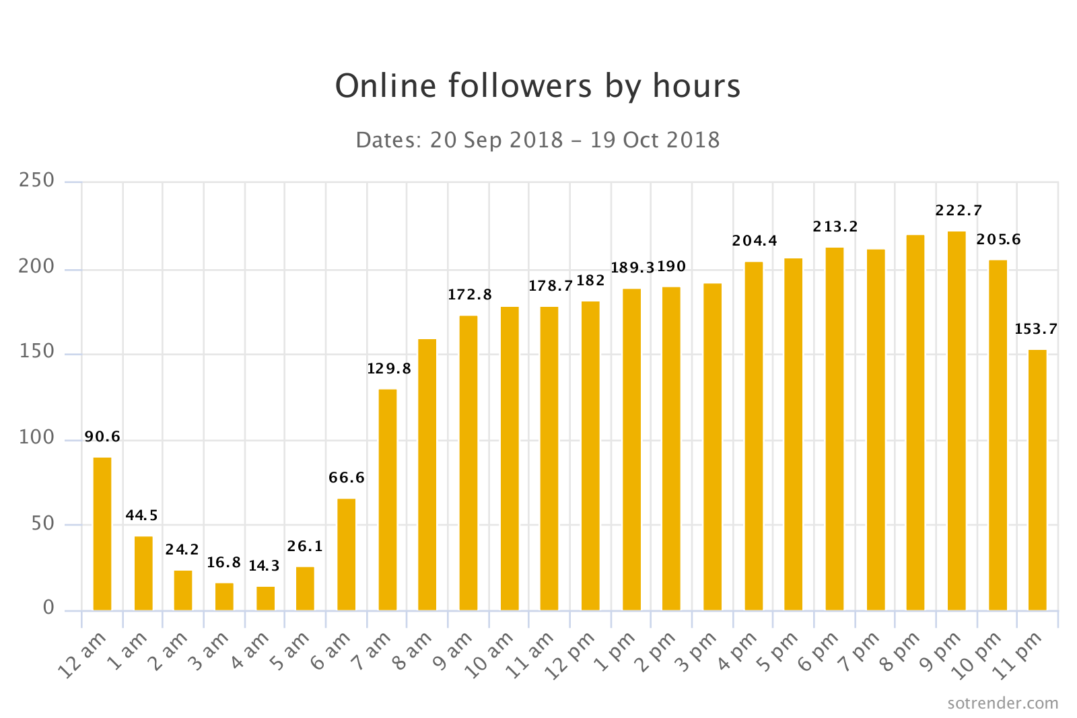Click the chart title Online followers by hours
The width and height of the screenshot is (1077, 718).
[538, 86]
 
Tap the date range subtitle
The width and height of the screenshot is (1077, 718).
[538, 140]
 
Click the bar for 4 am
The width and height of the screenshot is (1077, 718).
[265, 598]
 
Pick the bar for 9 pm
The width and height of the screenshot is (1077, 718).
[957, 421]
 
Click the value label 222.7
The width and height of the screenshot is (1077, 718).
[959, 211]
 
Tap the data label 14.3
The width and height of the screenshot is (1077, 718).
[264, 567]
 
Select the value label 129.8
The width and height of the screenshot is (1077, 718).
[388, 369]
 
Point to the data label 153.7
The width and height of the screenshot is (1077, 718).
[1036, 329]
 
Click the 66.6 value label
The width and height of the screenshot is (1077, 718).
[347, 478]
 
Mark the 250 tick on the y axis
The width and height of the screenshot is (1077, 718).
[37, 180]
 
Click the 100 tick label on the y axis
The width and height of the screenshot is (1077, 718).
[37, 438]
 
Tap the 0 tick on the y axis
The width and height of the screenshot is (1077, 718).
[48, 608]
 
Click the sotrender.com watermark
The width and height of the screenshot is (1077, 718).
[1002, 703]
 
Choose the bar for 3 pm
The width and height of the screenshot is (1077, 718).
[712, 447]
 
